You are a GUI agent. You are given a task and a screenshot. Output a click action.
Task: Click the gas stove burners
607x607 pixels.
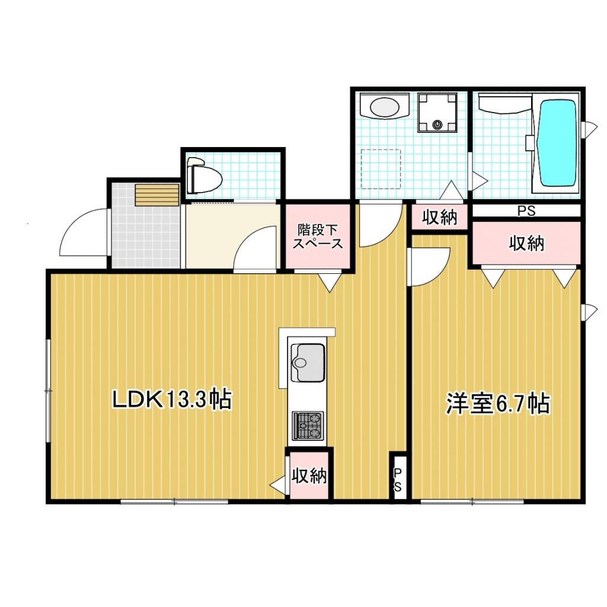pyautogui.click(x=307, y=426)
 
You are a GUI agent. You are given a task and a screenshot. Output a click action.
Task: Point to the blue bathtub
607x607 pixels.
pyautogui.click(x=557, y=142)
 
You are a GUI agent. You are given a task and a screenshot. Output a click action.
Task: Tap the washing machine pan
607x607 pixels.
pyautogui.click(x=437, y=112)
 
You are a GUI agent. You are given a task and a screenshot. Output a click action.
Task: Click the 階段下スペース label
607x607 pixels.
pyautogui.click(x=320, y=235)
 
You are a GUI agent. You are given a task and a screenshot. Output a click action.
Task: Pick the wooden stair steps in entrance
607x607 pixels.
pyautogui.click(x=156, y=195)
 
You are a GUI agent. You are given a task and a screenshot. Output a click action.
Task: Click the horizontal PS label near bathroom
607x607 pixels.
pyautogui.click(x=526, y=210)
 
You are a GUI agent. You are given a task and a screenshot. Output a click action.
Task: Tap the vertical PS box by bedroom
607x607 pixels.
pyautogui.click(x=398, y=479)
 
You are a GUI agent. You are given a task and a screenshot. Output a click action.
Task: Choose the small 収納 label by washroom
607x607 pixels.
pyautogui.click(x=440, y=218)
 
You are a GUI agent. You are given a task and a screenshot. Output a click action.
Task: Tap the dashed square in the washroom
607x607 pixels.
pyautogui.click(x=381, y=169)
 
